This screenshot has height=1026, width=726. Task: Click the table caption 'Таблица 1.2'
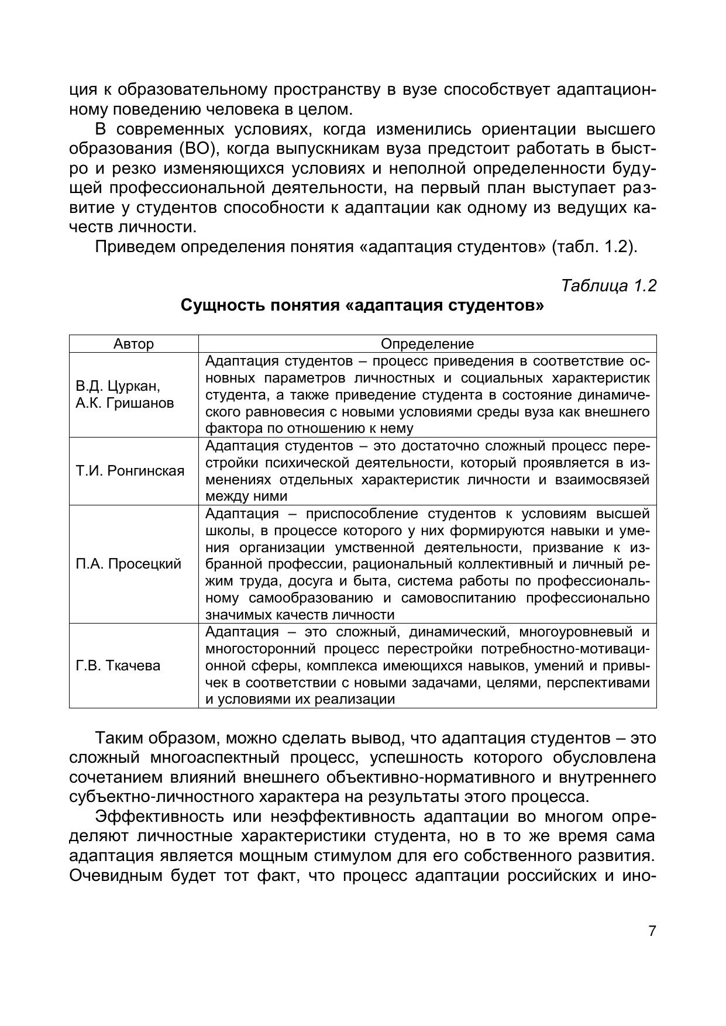608,285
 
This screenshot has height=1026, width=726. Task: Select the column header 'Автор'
133,344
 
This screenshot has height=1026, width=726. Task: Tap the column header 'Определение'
427,344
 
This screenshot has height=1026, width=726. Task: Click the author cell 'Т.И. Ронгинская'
130,471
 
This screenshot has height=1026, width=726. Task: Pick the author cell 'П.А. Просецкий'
129,564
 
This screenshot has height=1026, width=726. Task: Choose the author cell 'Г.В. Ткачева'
118,666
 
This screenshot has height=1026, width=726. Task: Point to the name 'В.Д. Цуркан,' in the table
118,387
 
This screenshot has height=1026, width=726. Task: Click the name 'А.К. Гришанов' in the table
125,403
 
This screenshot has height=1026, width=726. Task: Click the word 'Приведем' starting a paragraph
135,246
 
